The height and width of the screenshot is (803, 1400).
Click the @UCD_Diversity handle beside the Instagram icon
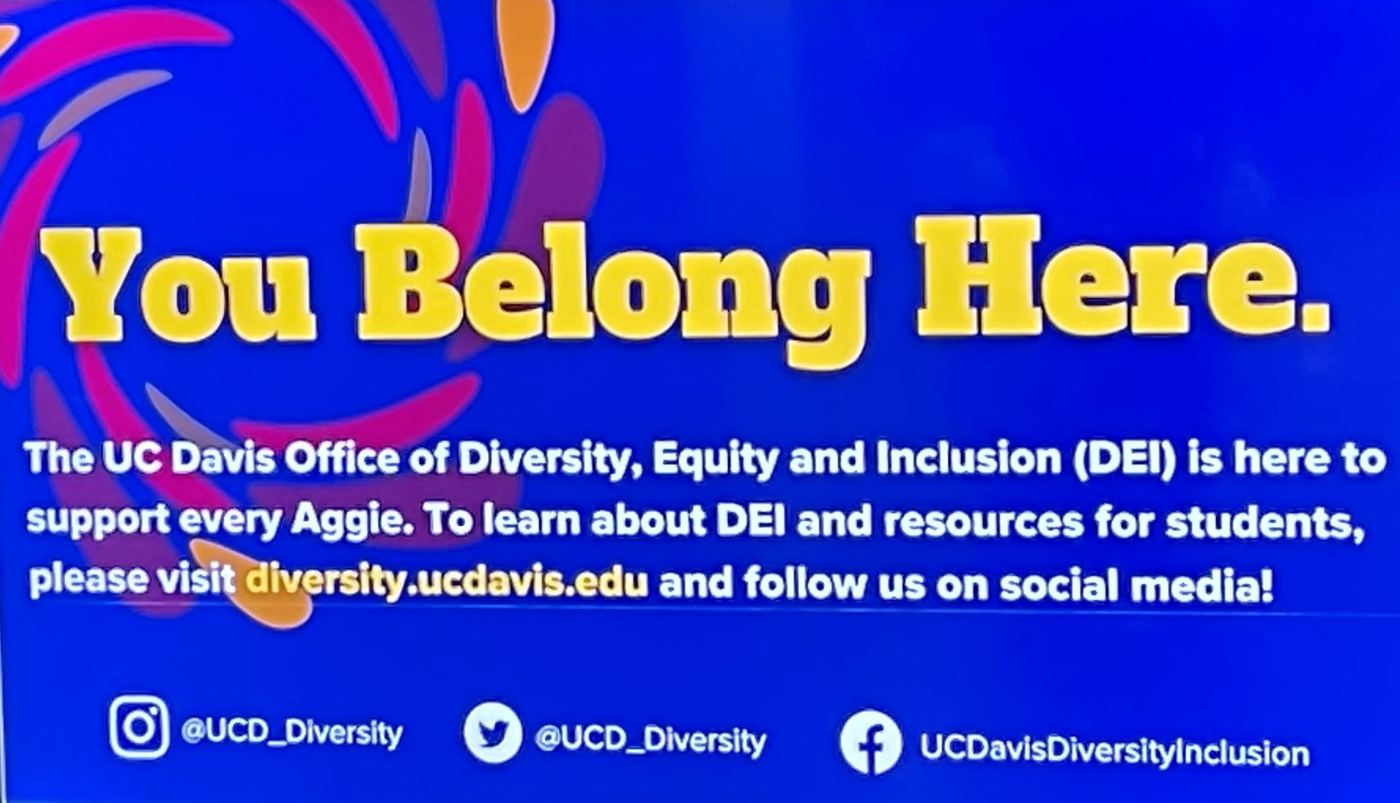(x=291, y=733)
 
